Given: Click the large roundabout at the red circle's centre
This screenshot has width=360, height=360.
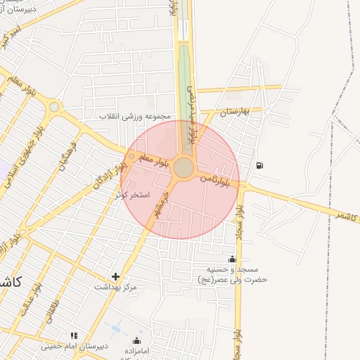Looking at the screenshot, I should [x=184, y=168].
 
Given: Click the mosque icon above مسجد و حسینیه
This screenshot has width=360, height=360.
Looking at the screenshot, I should [x=233, y=259].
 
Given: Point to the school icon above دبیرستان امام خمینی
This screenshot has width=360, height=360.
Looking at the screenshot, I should [x=73, y=335].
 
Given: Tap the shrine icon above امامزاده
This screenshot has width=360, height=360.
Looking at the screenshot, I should [x=136, y=341].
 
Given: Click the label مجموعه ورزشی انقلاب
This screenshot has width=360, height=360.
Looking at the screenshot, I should [x=137, y=116].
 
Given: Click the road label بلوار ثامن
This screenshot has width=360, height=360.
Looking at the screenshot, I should [x=215, y=178].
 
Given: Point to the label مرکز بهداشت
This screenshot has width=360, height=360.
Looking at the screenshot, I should [x=116, y=288].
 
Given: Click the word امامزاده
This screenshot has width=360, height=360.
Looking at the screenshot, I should [x=136, y=351].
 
